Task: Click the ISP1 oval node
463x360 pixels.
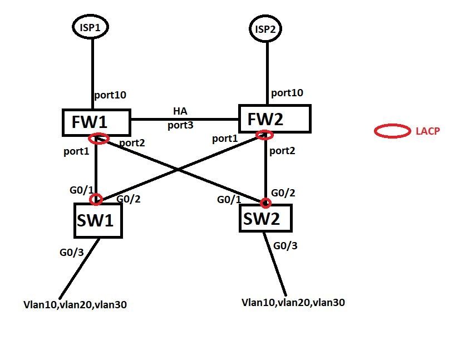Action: tap(92, 27)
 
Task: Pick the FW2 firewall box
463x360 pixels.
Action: tap(274, 119)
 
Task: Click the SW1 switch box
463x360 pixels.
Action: tap(98, 221)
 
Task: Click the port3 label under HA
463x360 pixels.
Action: tap(180, 125)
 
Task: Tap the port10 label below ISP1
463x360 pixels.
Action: tap(110, 95)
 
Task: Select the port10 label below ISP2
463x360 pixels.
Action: tap(287, 92)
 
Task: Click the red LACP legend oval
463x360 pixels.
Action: tap(392, 131)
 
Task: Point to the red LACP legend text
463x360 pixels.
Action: tap(428, 132)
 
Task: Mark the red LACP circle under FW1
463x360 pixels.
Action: tap(98, 139)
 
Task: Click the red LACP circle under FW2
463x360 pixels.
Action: tap(264, 135)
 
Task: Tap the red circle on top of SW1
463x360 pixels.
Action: tap(97, 199)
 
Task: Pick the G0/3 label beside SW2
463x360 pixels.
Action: tap(287, 245)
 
